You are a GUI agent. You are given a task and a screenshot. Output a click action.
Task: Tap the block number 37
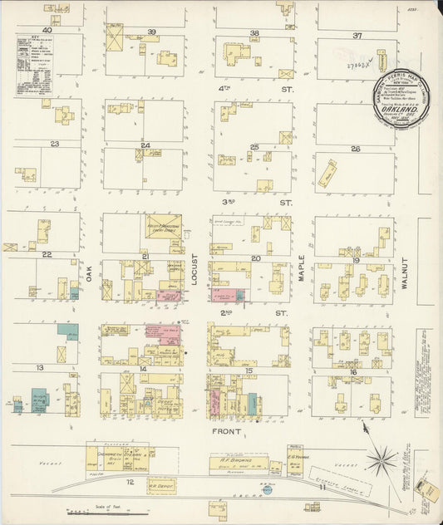357,36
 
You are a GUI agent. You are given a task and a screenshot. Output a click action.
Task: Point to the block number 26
355,150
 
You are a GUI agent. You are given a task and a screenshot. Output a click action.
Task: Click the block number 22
47,254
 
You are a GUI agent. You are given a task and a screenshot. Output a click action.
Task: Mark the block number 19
355,260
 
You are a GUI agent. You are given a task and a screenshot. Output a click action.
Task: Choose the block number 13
39,366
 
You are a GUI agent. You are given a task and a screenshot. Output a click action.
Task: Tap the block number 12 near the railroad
130,482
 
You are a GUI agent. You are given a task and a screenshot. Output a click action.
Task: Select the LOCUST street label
194,271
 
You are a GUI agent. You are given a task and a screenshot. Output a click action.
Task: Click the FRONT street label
226,432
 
